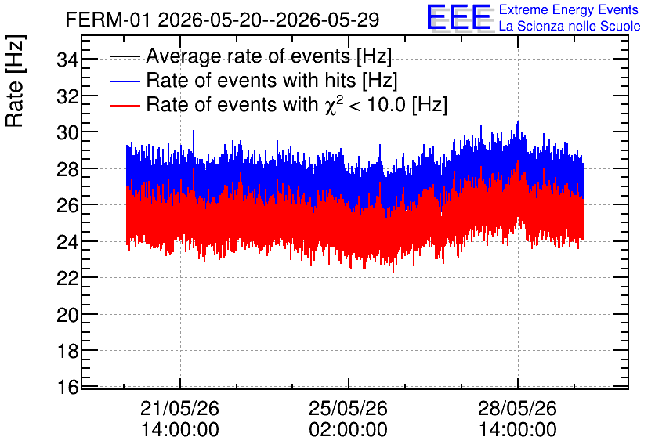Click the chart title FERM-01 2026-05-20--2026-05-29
tap(223, 20)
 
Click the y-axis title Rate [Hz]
tap(15, 81)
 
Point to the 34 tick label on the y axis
tap(67, 60)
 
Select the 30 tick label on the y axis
tap(67, 132)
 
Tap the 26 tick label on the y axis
tap(67, 205)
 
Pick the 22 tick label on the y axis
tap(67, 278)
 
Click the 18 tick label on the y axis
tap(67, 351)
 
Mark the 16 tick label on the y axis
tap(67, 388)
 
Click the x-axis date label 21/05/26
tap(179, 408)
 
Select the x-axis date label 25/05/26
tap(349, 408)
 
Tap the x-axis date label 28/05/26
tap(517, 408)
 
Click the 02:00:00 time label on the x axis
tap(349, 430)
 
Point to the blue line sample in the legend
tap(125, 81)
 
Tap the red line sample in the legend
tap(125, 105)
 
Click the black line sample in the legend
tap(125, 56)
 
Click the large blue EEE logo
tap(458, 17)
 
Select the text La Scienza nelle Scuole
tap(570, 26)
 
